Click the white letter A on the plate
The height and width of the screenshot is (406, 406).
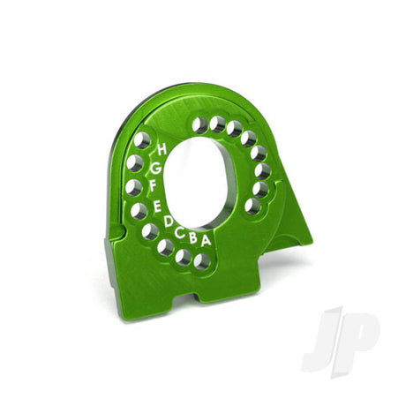click(206, 241)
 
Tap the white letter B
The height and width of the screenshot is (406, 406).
click(193, 238)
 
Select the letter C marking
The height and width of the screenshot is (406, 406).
click(179, 233)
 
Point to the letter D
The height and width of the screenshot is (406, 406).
click(169, 222)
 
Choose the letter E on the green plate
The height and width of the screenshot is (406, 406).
click(157, 207)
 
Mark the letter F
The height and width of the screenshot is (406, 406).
click(153, 185)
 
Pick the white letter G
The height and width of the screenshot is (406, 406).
click(155, 169)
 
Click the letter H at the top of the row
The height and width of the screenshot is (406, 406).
click(162, 149)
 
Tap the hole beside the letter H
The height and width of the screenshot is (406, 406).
click(142, 140)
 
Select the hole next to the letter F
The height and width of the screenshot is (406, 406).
click(134, 187)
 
